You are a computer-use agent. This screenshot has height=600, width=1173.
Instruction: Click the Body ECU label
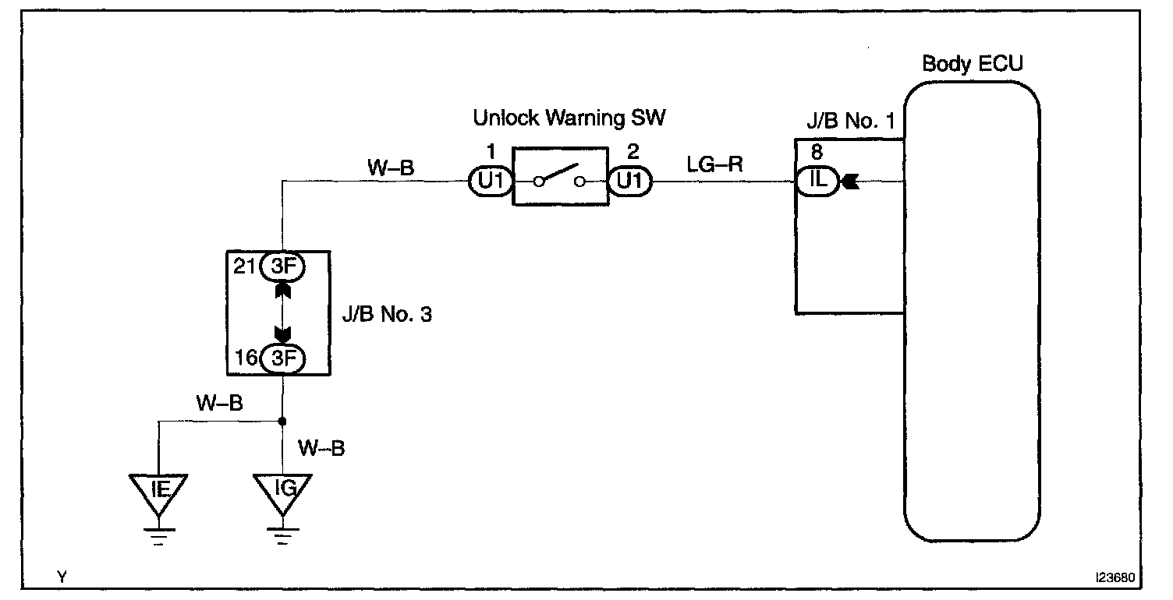[x=972, y=64]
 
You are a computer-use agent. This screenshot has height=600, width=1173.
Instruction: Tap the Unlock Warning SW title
[x=569, y=118]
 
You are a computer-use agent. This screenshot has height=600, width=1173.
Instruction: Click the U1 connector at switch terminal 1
[x=491, y=181]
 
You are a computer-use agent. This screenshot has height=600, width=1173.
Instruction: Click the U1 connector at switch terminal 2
[x=630, y=181]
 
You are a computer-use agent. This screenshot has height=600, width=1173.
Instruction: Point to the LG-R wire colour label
[x=714, y=164]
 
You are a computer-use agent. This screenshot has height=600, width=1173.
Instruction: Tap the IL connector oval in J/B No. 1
[x=817, y=181]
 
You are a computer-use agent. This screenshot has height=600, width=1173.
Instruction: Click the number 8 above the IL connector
[x=817, y=152]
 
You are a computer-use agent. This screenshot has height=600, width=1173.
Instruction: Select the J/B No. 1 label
[x=850, y=121]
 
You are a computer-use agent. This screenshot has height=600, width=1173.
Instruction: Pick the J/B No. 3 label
[x=387, y=314]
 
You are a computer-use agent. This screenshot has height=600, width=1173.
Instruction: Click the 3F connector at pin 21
[x=283, y=266]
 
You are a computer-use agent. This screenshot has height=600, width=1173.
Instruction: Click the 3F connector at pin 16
[x=283, y=359]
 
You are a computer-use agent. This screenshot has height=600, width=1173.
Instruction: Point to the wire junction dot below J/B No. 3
[x=282, y=421]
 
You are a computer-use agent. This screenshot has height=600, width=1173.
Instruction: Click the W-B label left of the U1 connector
[x=391, y=168]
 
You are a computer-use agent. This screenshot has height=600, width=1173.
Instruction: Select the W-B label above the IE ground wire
[x=219, y=404]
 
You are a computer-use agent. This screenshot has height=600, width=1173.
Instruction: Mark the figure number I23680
[x=1115, y=577]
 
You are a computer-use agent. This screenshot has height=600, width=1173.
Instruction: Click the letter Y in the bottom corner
[x=62, y=577]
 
